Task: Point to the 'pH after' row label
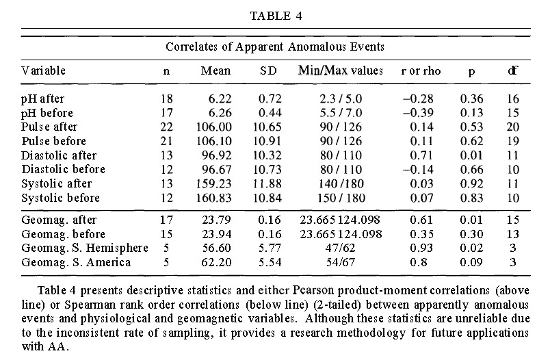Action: [x=42, y=99]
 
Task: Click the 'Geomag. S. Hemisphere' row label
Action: [x=76, y=247]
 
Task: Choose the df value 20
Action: [x=513, y=127]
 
